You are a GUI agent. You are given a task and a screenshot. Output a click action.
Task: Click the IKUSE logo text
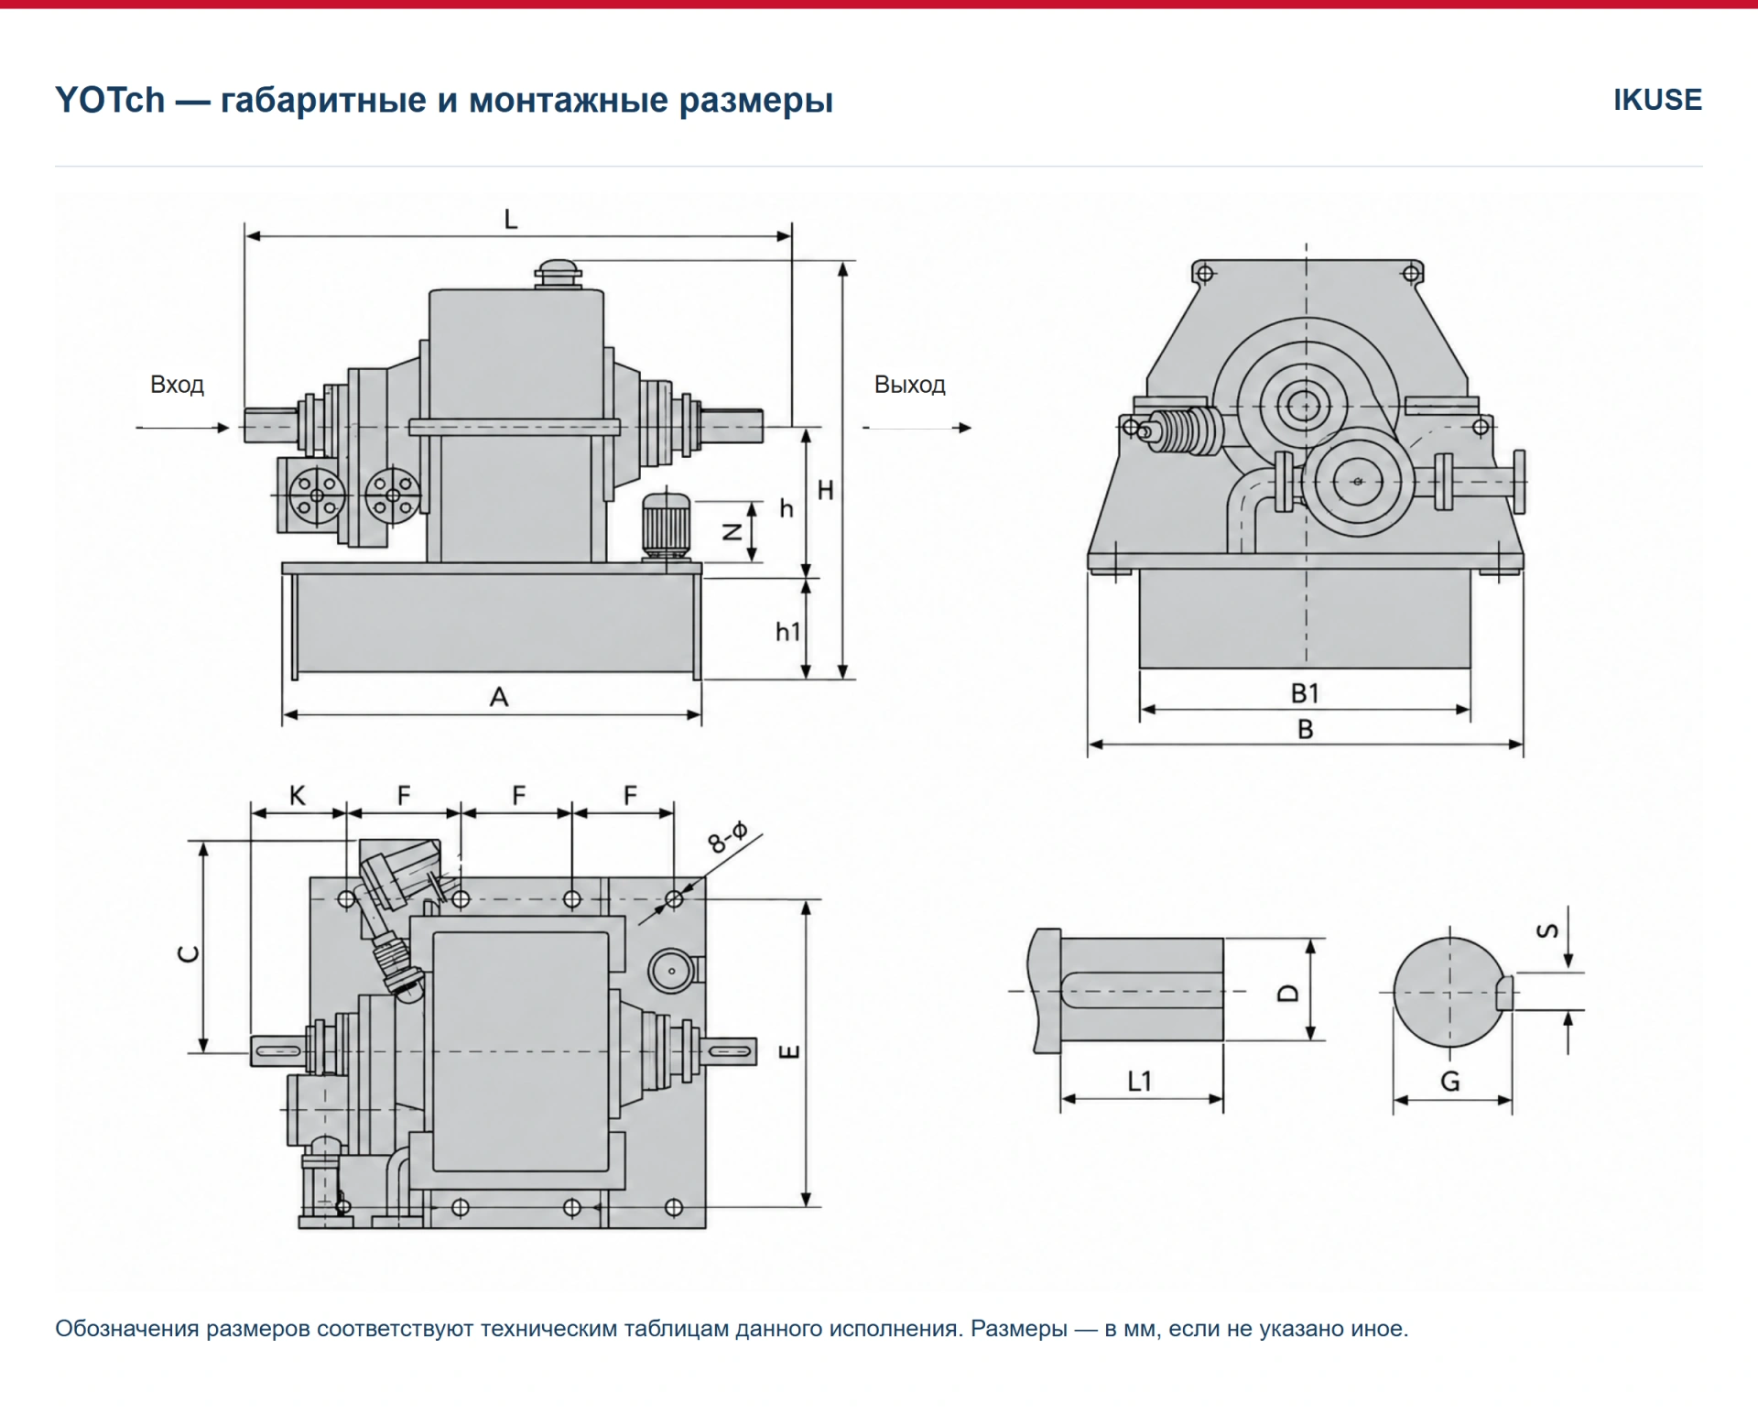(1657, 99)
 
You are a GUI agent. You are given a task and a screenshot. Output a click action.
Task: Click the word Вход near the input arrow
(177, 384)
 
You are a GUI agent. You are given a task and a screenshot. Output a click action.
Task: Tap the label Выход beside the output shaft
(909, 384)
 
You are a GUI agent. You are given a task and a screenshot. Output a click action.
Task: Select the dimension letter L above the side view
(511, 219)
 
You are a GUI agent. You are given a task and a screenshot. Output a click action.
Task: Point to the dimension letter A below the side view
(498, 697)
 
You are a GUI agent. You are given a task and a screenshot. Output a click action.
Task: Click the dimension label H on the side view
(825, 490)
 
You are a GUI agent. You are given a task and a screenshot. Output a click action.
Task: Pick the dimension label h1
(787, 631)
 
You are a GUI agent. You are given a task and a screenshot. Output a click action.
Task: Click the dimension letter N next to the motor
(732, 531)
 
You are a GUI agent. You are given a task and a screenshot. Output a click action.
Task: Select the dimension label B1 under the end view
(1305, 693)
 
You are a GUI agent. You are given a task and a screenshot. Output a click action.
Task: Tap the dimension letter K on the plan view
(297, 795)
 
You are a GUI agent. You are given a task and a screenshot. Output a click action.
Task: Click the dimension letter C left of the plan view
(188, 953)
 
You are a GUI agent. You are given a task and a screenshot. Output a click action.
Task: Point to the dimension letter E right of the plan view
(789, 1050)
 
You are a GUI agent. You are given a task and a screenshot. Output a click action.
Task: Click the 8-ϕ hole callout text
(728, 837)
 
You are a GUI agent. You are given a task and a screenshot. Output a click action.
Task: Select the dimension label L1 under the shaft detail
(1139, 1082)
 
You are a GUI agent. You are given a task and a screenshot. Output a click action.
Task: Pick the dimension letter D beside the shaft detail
(1288, 993)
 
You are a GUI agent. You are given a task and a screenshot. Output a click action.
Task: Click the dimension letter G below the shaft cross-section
(1450, 1082)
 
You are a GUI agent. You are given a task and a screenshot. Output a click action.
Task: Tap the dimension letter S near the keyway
(1547, 930)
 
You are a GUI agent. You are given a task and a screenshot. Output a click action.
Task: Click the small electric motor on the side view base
(666, 527)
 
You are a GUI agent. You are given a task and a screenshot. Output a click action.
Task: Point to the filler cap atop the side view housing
(558, 274)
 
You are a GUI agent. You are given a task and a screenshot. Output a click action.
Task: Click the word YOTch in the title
(110, 100)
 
